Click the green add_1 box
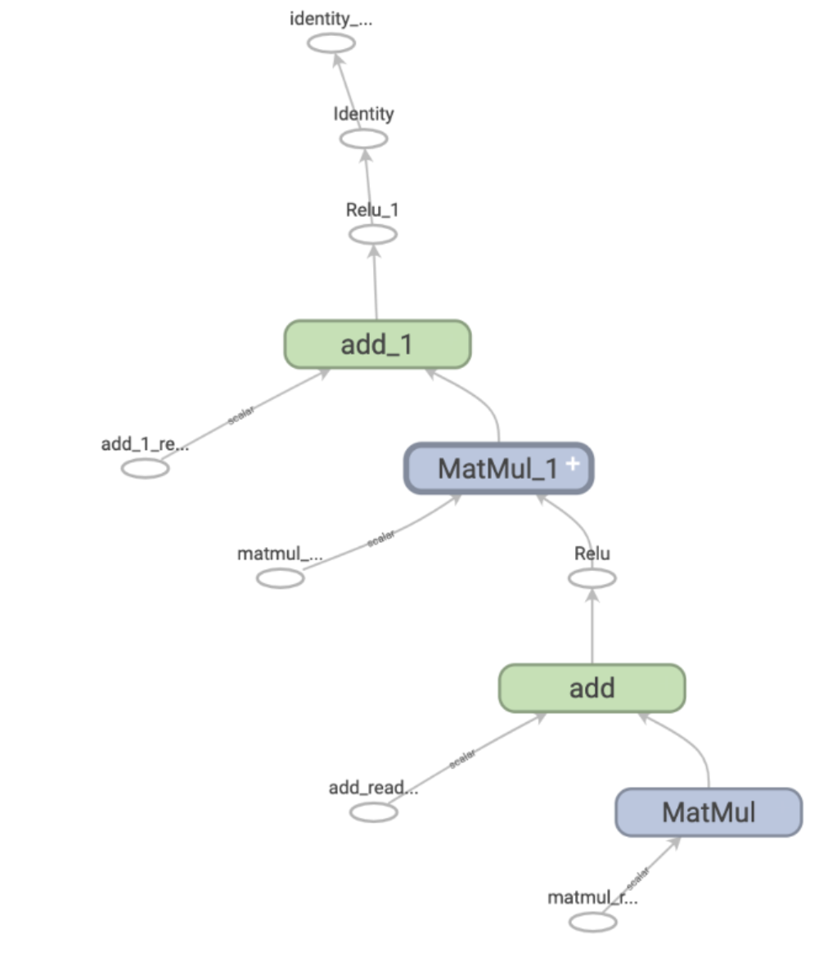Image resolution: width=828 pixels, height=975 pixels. click(377, 344)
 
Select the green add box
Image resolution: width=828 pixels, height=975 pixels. click(592, 688)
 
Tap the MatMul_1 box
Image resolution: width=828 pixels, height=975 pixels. click(498, 469)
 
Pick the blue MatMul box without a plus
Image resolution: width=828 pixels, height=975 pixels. click(709, 812)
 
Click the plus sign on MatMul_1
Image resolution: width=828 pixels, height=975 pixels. click(573, 464)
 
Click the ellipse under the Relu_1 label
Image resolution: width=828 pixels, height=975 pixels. click(373, 235)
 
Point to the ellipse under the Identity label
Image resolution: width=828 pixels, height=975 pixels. click(364, 138)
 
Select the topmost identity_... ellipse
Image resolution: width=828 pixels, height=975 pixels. click(331, 43)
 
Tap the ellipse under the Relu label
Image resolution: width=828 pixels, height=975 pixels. click(592, 578)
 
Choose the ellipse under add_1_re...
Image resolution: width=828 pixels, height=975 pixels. click(146, 469)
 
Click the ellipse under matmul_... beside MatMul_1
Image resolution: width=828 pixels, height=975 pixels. click(281, 578)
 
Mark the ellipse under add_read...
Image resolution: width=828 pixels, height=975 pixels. click(374, 812)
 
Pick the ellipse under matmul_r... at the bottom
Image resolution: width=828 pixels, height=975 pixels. click(593, 922)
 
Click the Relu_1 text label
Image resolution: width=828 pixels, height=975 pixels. click(372, 210)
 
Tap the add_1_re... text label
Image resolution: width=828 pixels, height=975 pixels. click(146, 444)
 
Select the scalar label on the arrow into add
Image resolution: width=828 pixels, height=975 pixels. click(462, 759)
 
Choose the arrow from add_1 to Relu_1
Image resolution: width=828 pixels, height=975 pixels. click(376, 282)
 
